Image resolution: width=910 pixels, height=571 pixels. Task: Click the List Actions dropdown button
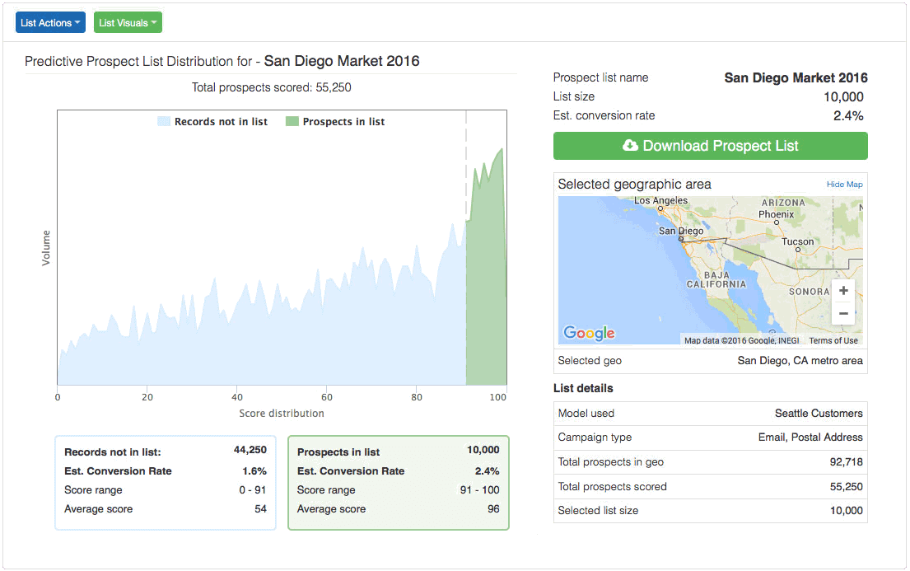point(50,23)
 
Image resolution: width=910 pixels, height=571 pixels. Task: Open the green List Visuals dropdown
point(128,23)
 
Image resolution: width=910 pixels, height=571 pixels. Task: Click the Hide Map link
point(844,185)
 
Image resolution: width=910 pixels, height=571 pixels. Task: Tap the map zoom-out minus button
point(842,314)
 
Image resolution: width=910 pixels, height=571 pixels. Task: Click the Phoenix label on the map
point(776,214)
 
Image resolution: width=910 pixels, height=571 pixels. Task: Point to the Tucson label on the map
point(797,242)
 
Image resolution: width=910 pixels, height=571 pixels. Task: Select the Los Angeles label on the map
point(660,201)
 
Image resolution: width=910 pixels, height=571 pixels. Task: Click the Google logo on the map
point(589,333)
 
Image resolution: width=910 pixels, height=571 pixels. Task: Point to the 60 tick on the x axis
point(327,396)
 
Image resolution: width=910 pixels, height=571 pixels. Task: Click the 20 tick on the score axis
point(147,396)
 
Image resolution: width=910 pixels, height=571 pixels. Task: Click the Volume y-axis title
point(46,247)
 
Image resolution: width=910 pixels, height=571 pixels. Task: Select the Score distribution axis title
point(282,414)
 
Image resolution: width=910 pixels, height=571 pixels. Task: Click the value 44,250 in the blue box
point(250,450)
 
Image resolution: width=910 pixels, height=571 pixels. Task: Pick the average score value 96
point(492,509)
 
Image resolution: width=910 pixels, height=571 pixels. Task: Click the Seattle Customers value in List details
point(818,414)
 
